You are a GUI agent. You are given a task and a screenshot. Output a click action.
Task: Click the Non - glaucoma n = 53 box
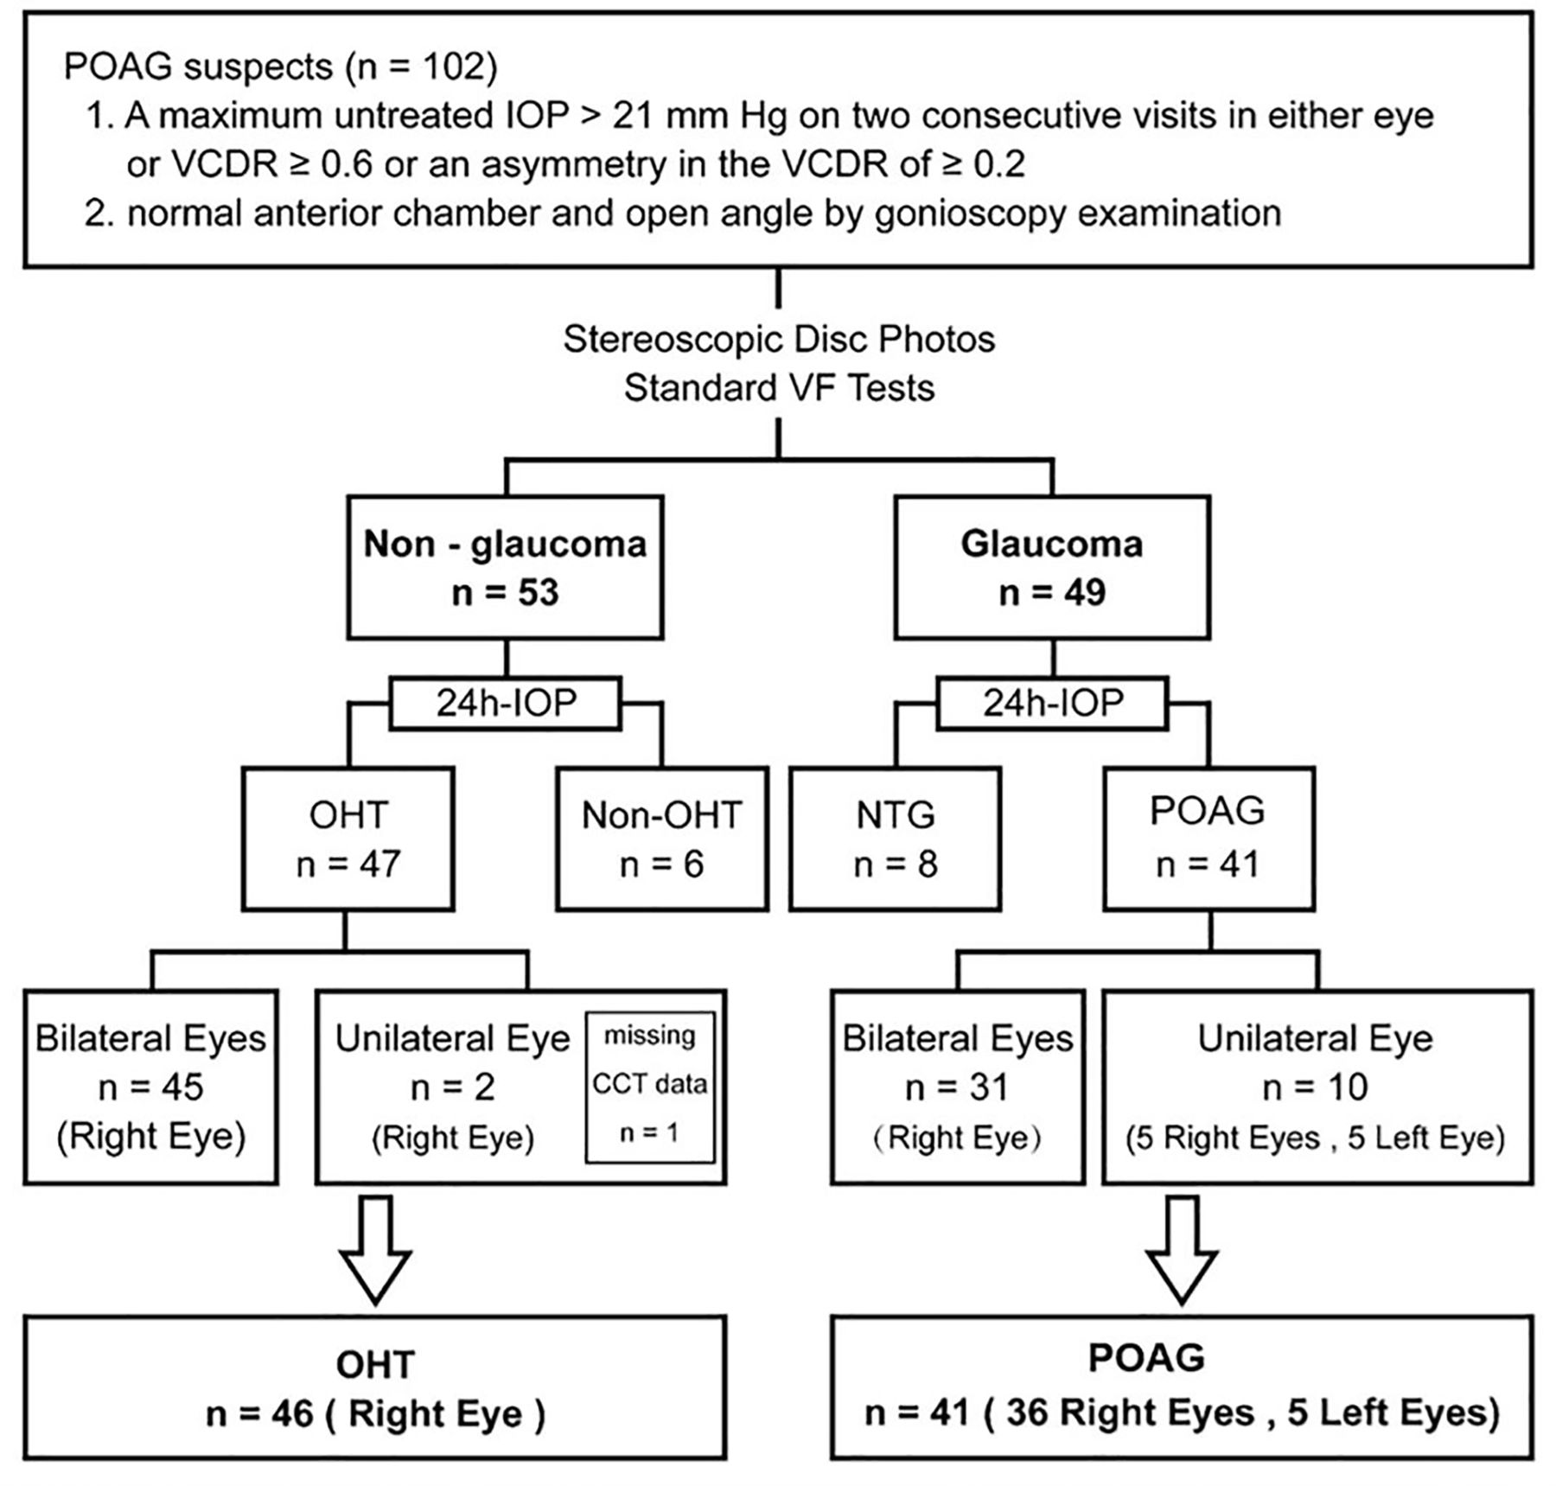click(x=505, y=567)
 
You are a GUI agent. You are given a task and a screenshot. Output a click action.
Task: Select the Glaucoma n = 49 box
click(x=1051, y=567)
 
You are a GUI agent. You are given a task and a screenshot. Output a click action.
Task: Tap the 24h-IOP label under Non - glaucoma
click(x=506, y=703)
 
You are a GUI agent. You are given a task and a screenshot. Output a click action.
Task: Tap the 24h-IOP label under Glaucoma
click(x=1052, y=703)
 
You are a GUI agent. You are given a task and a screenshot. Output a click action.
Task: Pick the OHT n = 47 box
click(x=348, y=839)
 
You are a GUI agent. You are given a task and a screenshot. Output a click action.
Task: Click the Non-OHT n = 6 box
click(x=661, y=839)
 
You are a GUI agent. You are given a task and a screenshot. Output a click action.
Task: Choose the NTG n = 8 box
click(x=895, y=839)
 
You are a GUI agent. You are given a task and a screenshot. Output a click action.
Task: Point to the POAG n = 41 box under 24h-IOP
click(x=1208, y=839)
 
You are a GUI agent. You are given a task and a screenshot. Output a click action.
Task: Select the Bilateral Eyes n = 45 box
click(x=150, y=1087)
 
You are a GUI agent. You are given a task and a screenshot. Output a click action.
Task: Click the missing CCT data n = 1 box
click(x=650, y=1087)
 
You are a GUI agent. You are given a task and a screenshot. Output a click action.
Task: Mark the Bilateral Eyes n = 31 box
click(x=957, y=1087)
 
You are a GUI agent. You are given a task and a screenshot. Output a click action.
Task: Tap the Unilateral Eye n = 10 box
click(x=1316, y=1087)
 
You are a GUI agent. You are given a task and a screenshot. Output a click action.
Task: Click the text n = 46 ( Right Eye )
click(x=375, y=1415)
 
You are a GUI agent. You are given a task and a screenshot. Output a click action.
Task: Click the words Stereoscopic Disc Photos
click(x=779, y=339)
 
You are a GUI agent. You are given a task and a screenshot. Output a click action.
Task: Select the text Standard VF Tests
click(x=779, y=387)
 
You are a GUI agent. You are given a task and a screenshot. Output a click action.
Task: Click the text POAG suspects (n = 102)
click(x=280, y=67)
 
